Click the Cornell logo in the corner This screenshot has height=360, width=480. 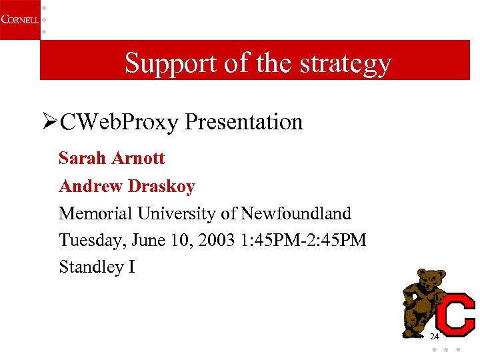(19, 19)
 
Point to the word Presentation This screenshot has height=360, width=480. (243, 122)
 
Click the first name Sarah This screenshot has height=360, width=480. (83, 159)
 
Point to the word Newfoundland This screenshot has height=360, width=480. (295, 213)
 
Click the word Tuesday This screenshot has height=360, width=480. (88, 240)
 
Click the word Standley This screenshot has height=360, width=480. (91, 267)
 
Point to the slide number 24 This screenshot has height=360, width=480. (435, 335)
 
